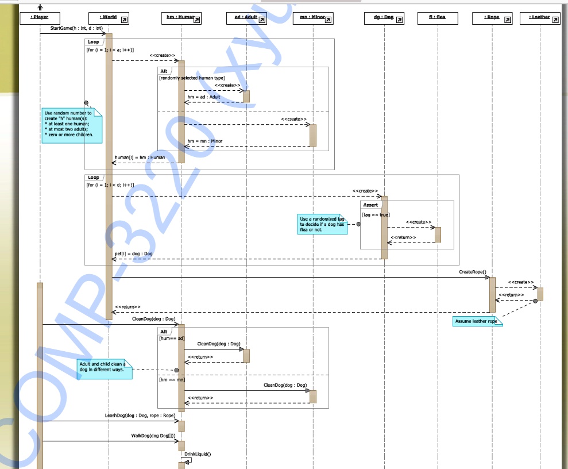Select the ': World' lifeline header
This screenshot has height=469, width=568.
[x=109, y=18]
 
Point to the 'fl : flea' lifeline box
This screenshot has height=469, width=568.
[x=437, y=18]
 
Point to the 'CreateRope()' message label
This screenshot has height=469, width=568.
[x=472, y=272]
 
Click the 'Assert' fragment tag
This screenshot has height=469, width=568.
[x=370, y=205]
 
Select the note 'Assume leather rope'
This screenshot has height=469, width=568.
[x=477, y=322]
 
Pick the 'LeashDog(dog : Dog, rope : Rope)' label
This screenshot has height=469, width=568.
[x=140, y=415]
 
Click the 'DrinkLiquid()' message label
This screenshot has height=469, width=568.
[x=198, y=454]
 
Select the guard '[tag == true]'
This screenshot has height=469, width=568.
[x=376, y=215]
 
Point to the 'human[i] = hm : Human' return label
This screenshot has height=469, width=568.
[x=140, y=157]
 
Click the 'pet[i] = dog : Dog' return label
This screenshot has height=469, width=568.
[x=133, y=253]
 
